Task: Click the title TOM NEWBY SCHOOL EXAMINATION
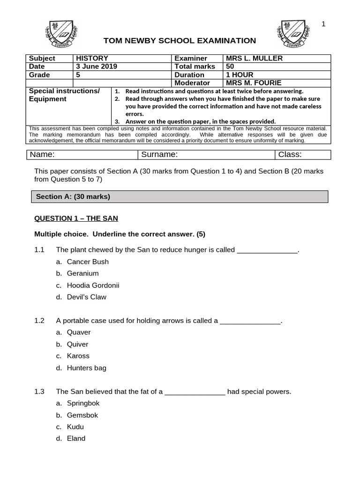[x=180, y=41]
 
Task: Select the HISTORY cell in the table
[x=92, y=58]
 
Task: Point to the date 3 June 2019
[x=97, y=67]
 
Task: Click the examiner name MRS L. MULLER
[x=254, y=58]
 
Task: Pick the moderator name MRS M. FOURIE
[x=254, y=83]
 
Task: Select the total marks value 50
[x=230, y=67]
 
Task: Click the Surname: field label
[x=159, y=155]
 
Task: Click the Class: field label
[x=290, y=155]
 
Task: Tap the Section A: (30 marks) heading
[x=73, y=197]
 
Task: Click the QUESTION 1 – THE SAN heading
[x=76, y=218]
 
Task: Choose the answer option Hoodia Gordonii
[x=93, y=285]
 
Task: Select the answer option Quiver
[x=77, y=344]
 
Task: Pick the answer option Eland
[x=76, y=438]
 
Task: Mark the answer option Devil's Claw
[x=86, y=297]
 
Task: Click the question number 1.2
[x=39, y=321]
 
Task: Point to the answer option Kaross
[x=78, y=356]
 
